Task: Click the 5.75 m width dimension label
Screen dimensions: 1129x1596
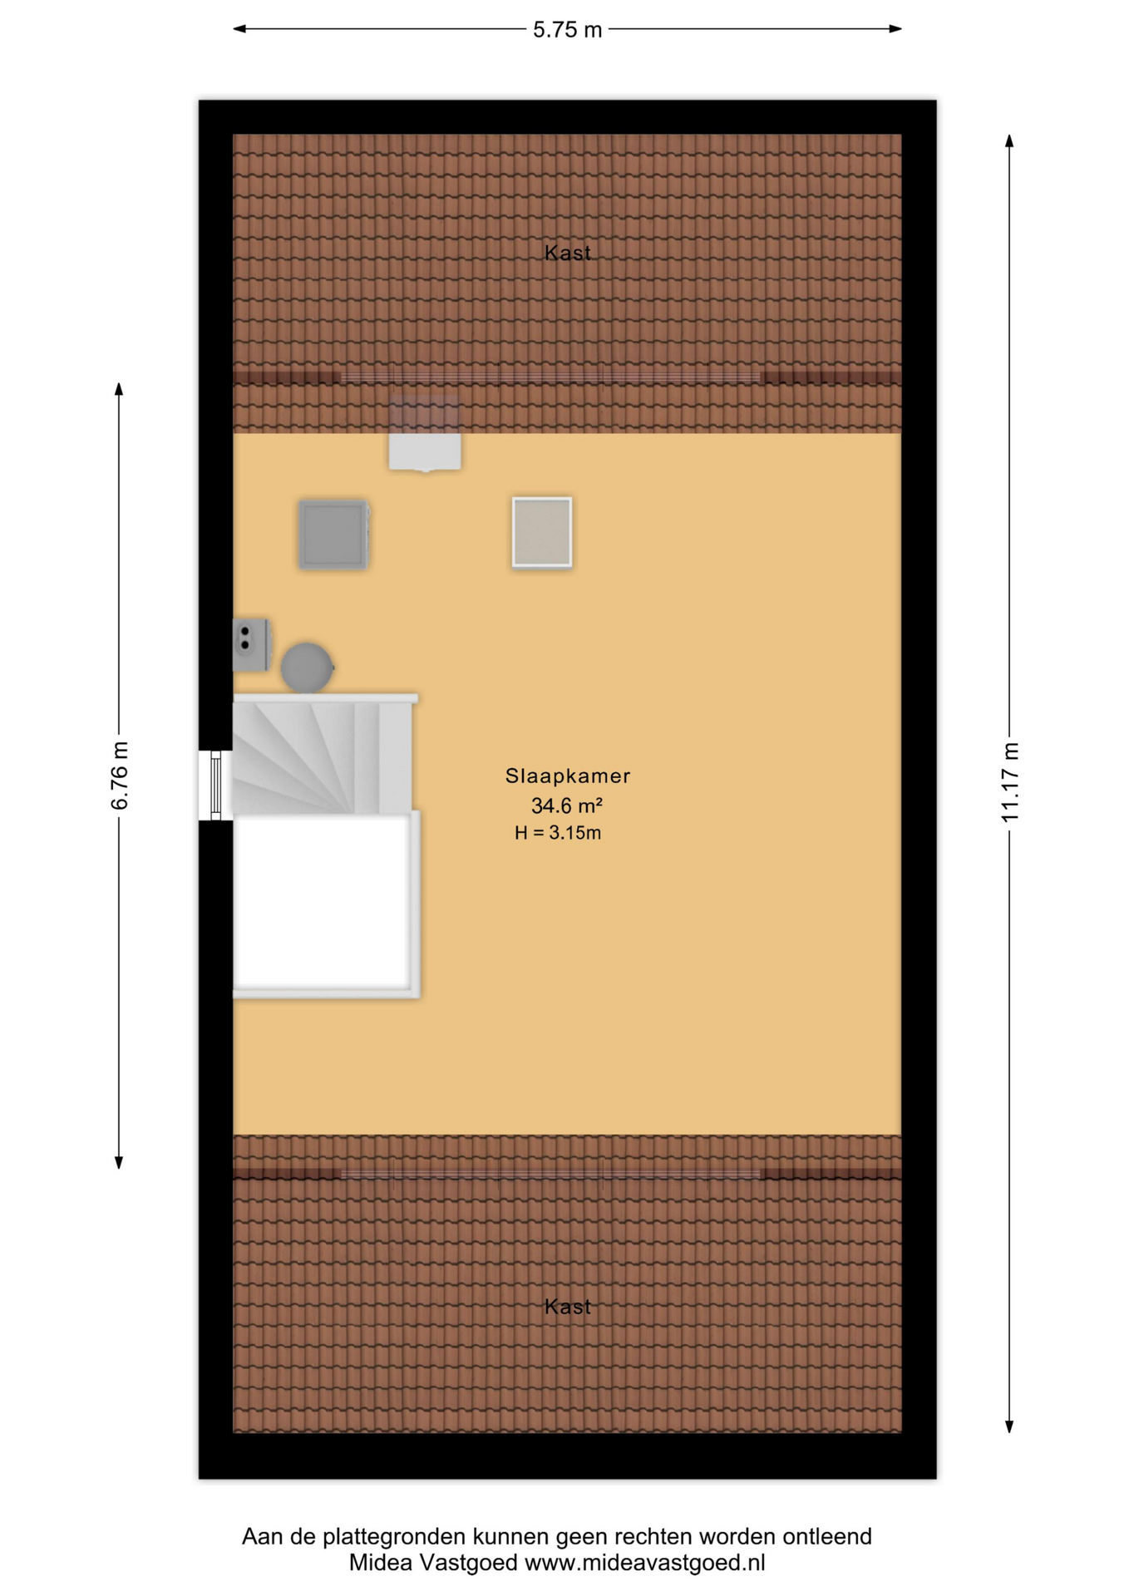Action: pos(567,30)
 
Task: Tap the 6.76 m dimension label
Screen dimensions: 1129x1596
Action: pos(121,775)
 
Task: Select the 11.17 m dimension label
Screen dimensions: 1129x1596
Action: pos(1009,781)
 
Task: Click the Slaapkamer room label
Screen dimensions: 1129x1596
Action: pos(568,776)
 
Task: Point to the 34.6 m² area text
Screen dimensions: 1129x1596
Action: pos(567,805)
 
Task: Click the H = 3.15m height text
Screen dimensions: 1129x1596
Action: pos(558,832)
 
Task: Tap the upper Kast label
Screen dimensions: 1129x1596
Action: pos(568,253)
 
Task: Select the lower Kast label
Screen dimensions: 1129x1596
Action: pos(568,1307)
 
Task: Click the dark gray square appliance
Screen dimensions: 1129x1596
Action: pos(333,534)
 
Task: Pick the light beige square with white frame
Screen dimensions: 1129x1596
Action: pos(542,533)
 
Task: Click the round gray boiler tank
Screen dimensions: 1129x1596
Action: pos(307,667)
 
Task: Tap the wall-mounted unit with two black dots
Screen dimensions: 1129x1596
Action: pos(251,644)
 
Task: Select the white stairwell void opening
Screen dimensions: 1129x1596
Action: pos(322,903)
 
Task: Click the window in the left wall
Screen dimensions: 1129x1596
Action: pos(215,786)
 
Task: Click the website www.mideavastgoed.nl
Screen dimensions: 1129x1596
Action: pos(645,1563)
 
